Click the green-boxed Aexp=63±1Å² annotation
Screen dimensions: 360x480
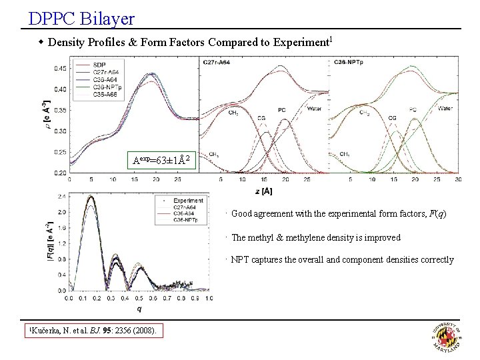[x=163, y=159]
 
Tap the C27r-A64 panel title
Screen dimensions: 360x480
[x=217, y=62]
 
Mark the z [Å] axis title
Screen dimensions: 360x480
[x=263, y=191]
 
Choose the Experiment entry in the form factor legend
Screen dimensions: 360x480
[x=188, y=199]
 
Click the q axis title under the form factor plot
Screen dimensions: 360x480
[x=139, y=309]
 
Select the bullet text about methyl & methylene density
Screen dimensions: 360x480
[x=316, y=237]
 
